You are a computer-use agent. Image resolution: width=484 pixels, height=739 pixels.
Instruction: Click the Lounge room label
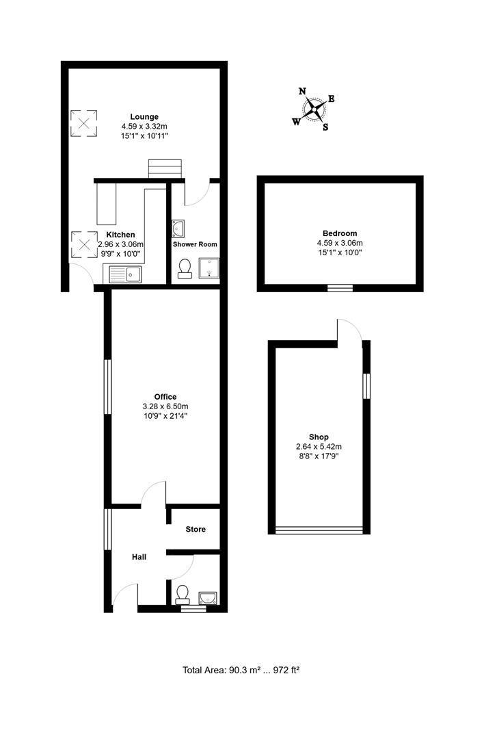144,117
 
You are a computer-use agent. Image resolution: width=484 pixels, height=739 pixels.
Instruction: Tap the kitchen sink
125,274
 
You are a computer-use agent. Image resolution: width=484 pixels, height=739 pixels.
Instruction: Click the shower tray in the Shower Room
209,268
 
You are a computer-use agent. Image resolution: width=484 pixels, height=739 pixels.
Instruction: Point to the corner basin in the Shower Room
178,228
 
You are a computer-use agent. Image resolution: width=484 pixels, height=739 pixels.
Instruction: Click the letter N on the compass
303,92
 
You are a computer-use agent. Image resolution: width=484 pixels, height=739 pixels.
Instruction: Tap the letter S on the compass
325,127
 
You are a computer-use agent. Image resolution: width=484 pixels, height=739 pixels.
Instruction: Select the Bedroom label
340,233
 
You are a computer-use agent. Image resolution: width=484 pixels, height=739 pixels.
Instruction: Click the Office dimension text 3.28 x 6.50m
165,406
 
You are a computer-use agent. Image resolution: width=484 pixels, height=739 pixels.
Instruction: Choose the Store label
196,529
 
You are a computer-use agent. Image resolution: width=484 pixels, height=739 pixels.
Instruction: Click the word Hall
139,557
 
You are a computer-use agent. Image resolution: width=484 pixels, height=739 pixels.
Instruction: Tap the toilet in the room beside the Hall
182,595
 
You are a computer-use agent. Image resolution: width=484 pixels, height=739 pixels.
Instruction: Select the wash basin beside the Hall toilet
208,598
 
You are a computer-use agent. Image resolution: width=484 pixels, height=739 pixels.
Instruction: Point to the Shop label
319,437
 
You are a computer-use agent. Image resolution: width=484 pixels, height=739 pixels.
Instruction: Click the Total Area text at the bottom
241,670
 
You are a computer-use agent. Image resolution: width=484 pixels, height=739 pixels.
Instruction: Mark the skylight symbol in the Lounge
84,123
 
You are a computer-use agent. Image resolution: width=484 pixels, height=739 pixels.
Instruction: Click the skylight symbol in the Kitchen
84,244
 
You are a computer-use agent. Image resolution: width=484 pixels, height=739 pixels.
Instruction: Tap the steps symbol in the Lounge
165,169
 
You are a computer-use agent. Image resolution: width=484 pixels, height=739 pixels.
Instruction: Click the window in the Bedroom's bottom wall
340,288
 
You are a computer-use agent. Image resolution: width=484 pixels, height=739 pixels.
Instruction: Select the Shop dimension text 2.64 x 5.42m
319,447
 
